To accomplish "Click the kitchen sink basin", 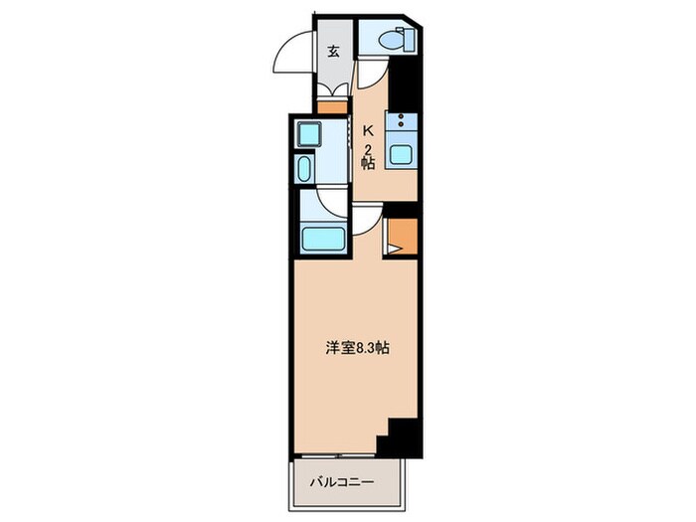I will click(x=403, y=154).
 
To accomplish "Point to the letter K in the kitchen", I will click(x=367, y=129).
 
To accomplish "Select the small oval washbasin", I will click(x=303, y=167).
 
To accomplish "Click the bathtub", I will click(x=320, y=240).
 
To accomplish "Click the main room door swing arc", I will click(x=366, y=221).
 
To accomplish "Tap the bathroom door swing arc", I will click(x=324, y=203).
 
